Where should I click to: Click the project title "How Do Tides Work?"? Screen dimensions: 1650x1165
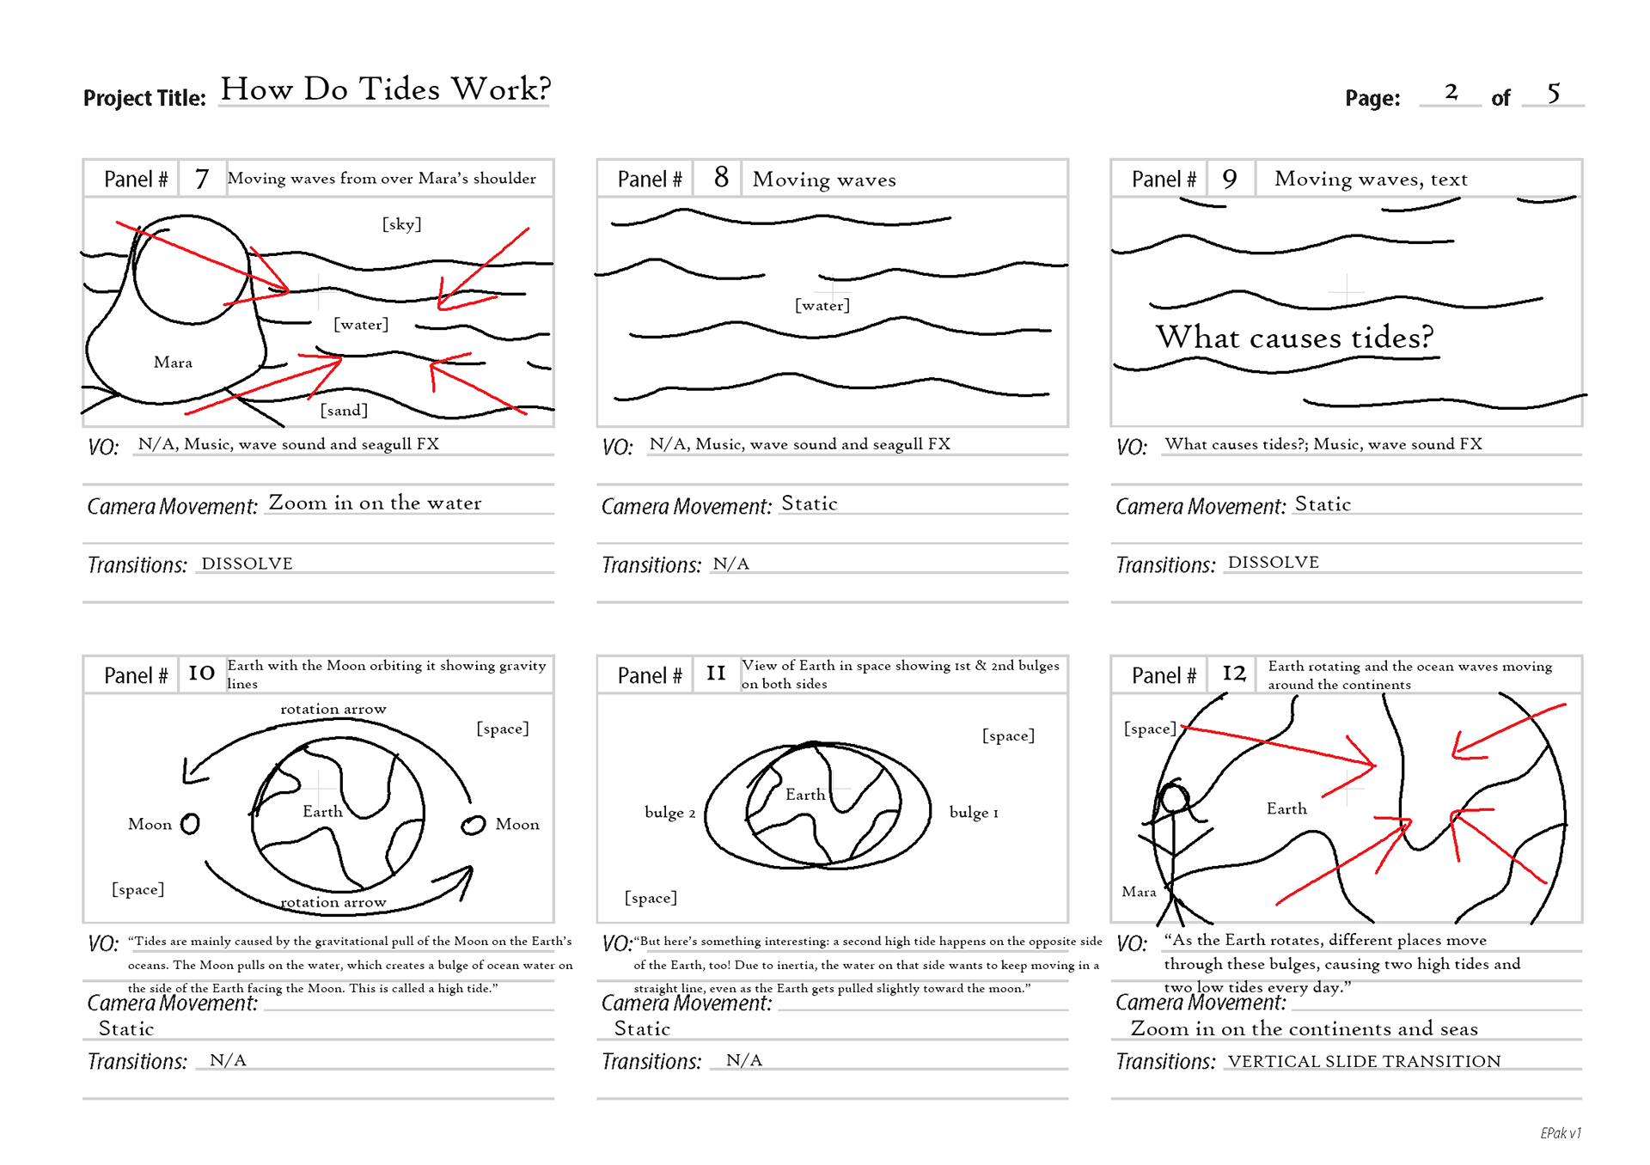pos(385,89)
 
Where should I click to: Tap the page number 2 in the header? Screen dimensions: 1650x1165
pos(1451,92)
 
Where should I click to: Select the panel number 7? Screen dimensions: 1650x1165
pos(202,179)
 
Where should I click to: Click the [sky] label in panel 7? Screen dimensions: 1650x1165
pos(401,224)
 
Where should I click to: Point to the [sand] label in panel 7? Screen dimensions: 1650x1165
pos(344,411)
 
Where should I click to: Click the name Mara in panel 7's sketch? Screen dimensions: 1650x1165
pos(173,363)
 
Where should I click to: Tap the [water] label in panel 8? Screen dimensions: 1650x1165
pos(822,305)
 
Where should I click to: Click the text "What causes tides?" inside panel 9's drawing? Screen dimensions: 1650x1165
pos(1294,337)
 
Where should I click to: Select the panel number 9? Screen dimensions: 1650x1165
pos(1230,179)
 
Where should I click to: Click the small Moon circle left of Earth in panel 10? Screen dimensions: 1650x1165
pos(191,824)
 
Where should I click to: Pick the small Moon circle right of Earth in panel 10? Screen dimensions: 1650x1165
pos(473,825)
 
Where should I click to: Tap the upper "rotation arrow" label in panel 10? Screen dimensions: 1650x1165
pos(333,710)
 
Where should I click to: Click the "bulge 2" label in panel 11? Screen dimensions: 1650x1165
pos(669,813)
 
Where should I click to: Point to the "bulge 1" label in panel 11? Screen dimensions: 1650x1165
pos(974,813)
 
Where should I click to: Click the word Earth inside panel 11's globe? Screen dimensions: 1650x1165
pos(805,795)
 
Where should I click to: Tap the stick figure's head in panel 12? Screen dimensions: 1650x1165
pos(1174,798)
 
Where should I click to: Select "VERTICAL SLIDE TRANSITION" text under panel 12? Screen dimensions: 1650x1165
pos(1364,1061)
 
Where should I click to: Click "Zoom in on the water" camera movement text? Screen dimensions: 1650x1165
pos(375,503)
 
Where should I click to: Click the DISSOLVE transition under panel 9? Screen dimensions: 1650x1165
pos(1273,563)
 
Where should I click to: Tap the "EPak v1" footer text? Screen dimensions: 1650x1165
pos(1560,1133)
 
